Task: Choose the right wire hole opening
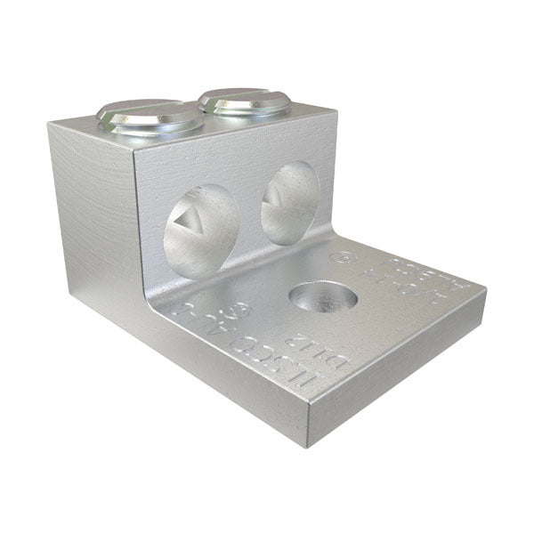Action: [x=289, y=204]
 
